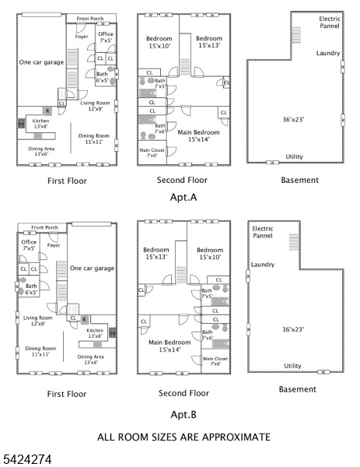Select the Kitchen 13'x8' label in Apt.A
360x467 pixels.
coord(39,123)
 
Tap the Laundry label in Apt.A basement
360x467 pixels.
coord(327,53)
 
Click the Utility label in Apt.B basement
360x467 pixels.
coord(292,365)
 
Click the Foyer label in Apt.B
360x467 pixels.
coord(54,245)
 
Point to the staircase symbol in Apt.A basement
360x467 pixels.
coord(295,35)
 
